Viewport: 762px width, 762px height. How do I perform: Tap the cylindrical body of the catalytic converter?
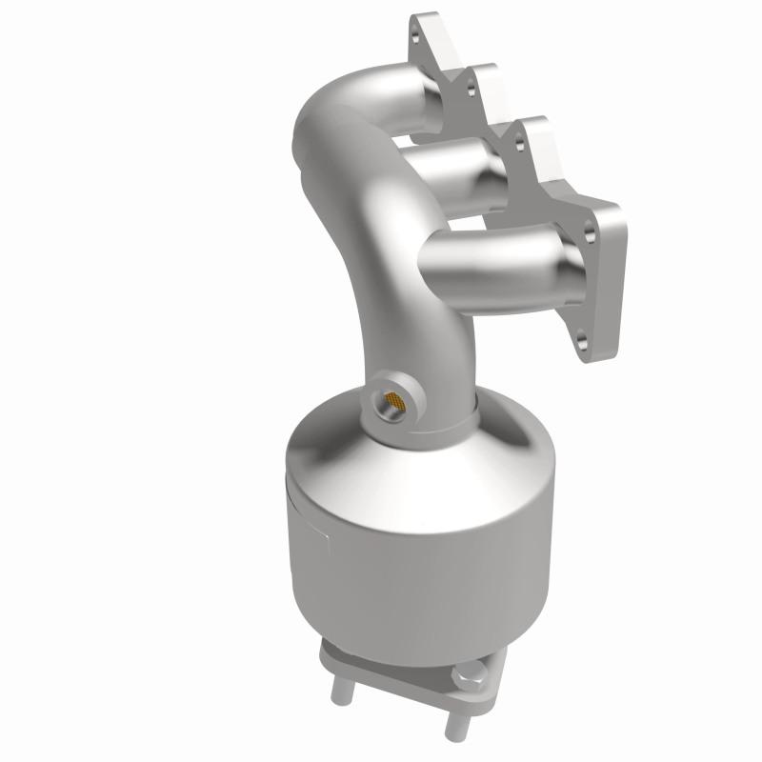pyautogui.click(x=419, y=562)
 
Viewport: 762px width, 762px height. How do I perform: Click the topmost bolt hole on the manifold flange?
pyautogui.click(x=415, y=35)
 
